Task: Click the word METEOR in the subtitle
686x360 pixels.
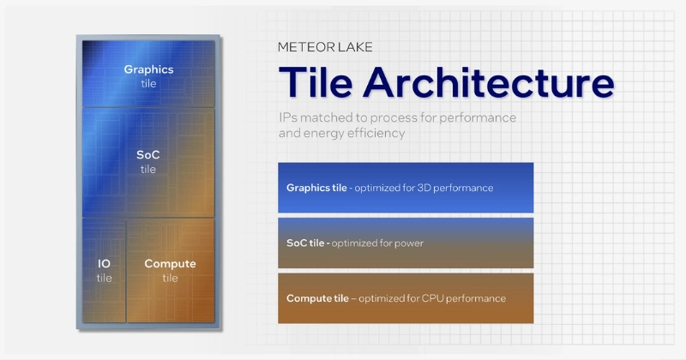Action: (x=304, y=47)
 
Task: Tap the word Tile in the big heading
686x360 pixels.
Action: (x=316, y=84)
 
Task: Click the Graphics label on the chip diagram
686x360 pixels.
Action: (x=148, y=69)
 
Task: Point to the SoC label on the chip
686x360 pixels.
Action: (x=148, y=155)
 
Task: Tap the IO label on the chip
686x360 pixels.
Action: (x=104, y=264)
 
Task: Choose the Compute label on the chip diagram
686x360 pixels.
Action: (x=170, y=264)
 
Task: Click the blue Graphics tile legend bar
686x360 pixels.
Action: (x=406, y=187)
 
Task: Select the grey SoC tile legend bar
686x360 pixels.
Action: (x=406, y=243)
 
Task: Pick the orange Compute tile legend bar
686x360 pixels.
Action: (x=406, y=298)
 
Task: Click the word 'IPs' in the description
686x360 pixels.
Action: (x=287, y=117)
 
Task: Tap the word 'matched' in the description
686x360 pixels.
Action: (x=324, y=117)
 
